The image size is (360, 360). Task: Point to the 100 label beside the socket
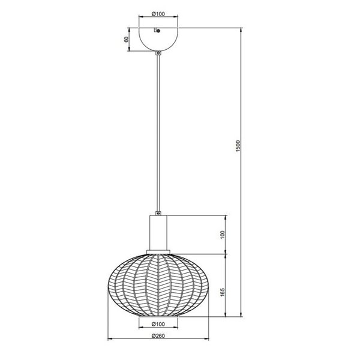(x=221, y=233)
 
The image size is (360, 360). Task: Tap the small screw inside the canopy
(x=155, y=31)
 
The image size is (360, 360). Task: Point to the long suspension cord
(x=158, y=132)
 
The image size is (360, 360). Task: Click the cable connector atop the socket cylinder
(x=158, y=212)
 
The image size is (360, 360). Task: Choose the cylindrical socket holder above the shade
(x=158, y=232)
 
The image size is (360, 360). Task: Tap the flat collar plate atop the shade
(x=158, y=251)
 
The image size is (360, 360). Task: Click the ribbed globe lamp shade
(x=158, y=283)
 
